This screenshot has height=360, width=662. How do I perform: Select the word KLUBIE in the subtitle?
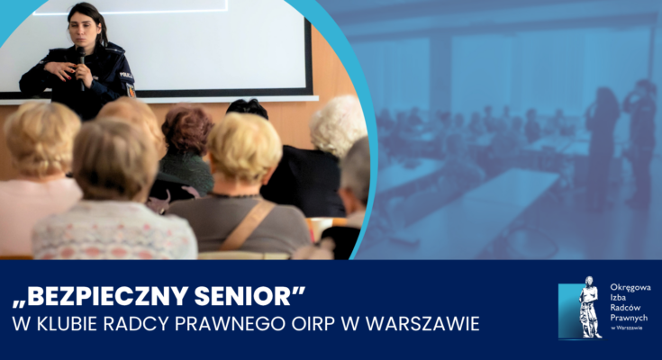(x=65, y=324)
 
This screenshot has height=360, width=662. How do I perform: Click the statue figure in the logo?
(x=590, y=307)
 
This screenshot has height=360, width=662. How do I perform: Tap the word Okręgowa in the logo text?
(x=630, y=288)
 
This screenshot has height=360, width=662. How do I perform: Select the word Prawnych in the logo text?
(x=629, y=318)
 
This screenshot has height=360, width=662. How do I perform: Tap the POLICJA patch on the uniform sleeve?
(x=126, y=75)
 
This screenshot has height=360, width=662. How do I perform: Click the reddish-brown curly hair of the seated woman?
(x=187, y=129)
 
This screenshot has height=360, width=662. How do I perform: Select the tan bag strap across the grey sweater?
(x=247, y=226)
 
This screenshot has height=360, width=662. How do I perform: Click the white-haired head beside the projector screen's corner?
(x=338, y=125)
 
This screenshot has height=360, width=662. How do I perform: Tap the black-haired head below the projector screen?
(x=248, y=108)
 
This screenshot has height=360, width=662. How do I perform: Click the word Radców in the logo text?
(x=625, y=308)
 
